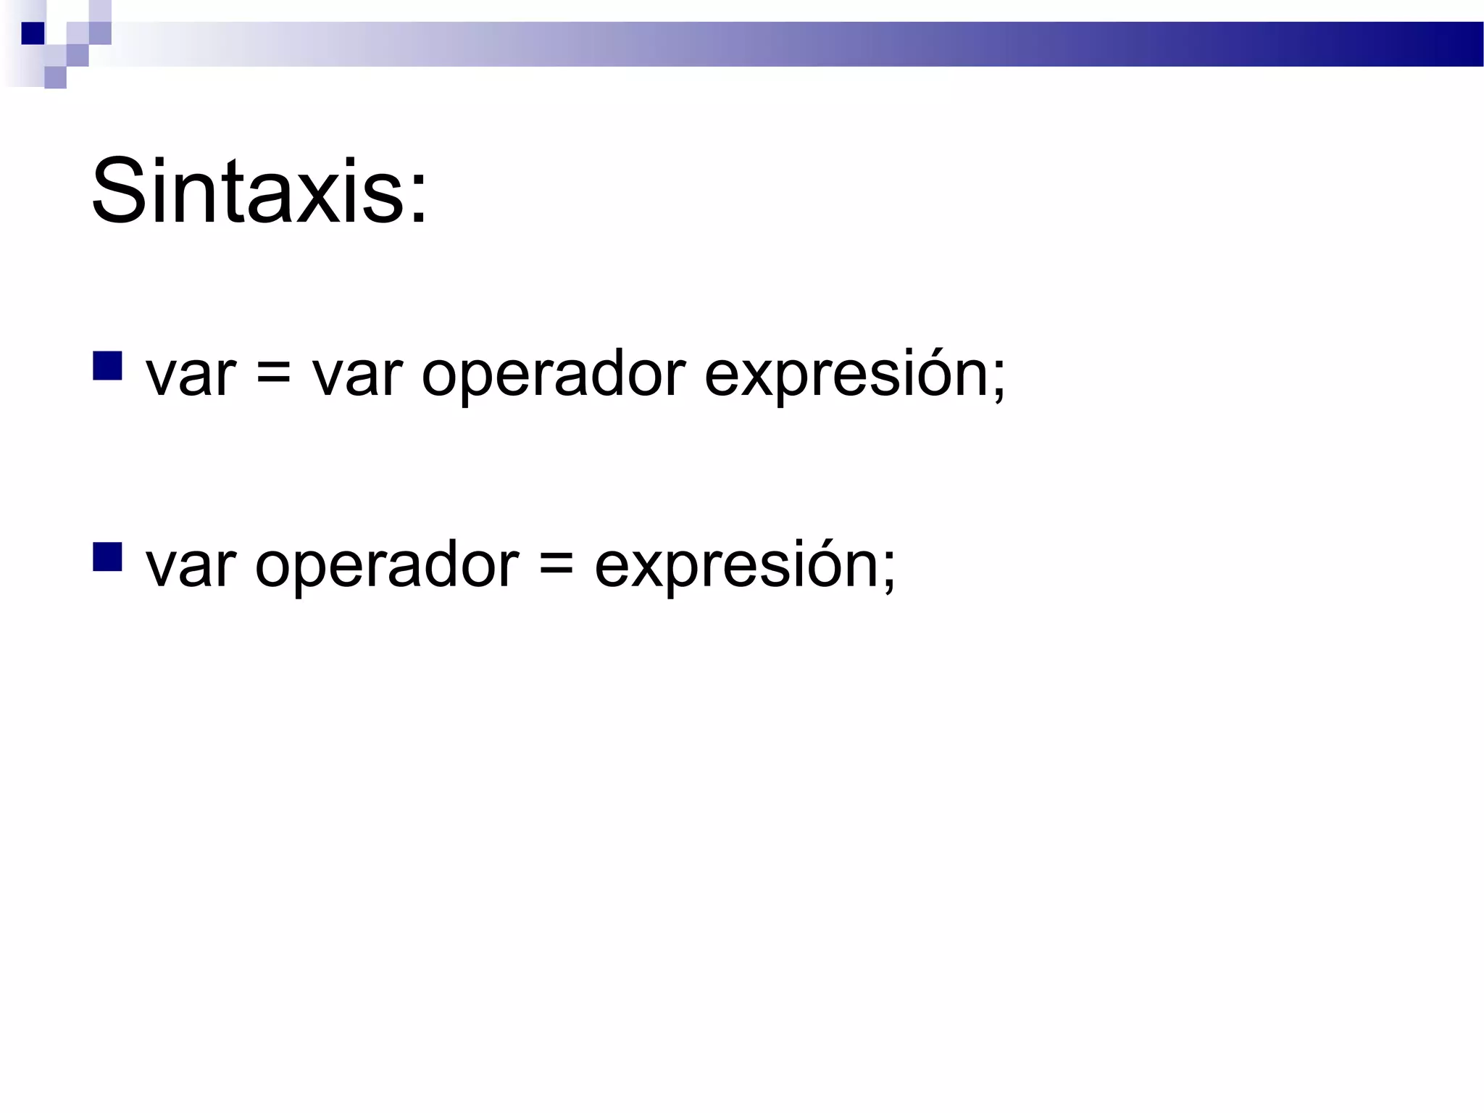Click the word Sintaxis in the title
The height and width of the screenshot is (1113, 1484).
click(246, 192)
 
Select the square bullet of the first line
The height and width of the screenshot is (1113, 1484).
click(107, 366)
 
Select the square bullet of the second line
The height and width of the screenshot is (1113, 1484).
click(107, 556)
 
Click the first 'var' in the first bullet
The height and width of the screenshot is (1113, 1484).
click(191, 377)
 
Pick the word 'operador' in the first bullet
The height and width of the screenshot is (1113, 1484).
click(553, 377)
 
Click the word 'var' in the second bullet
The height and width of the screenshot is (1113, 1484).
click(191, 567)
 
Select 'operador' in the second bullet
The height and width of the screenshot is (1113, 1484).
click(387, 567)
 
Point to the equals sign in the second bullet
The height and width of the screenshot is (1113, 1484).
click(556, 567)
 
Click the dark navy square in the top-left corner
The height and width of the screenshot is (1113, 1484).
click(33, 33)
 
